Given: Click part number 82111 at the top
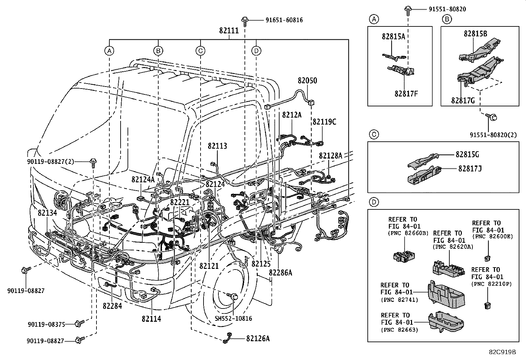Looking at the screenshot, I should (x=229, y=31).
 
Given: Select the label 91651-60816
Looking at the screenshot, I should (x=284, y=20).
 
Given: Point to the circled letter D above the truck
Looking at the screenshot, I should (x=256, y=51).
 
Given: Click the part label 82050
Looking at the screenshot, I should (x=307, y=81).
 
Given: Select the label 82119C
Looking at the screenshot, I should (x=324, y=122).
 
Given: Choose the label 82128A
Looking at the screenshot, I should (x=330, y=155).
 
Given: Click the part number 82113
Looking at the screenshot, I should (x=217, y=146).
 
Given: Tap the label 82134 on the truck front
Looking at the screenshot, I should (x=47, y=213).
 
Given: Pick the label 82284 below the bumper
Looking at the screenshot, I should (x=112, y=306).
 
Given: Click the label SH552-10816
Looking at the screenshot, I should (x=233, y=318).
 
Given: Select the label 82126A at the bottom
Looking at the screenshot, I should (x=258, y=339).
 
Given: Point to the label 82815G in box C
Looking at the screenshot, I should (x=467, y=155).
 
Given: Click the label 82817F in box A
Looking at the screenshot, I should (x=406, y=93).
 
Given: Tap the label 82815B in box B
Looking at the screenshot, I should (x=475, y=33).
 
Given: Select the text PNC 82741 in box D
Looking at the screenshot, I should (x=399, y=300).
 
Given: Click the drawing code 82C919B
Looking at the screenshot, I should (x=503, y=352).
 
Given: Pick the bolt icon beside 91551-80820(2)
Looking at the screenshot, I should (x=491, y=117).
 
